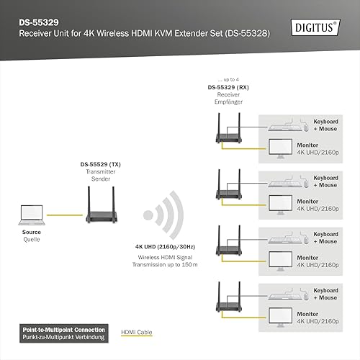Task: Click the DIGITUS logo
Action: click(x=315, y=27)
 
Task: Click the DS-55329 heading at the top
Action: click(x=39, y=22)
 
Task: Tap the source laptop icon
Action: click(x=32, y=215)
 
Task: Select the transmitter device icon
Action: click(x=102, y=204)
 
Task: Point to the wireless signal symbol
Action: click(x=163, y=215)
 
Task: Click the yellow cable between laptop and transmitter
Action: click(x=65, y=215)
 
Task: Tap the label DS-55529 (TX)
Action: click(x=101, y=164)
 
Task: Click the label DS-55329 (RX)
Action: click(x=228, y=87)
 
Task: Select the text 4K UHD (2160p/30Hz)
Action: click(x=165, y=247)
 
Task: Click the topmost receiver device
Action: click(x=229, y=128)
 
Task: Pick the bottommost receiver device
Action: click(x=229, y=297)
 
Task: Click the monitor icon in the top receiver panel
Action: click(x=280, y=149)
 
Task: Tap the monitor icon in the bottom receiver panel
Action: click(x=280, y=318)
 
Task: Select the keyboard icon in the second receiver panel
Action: click(x=285, y=184)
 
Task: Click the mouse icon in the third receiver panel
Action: click(x=306, y=240)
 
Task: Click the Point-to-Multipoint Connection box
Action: click(x=64, y=333)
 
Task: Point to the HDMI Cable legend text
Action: click(x=137, y=332)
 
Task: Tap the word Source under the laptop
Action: click(x=32, y=232)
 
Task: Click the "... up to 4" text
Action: click(x=228, y=79)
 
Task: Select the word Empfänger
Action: click(x=228, y=102)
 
